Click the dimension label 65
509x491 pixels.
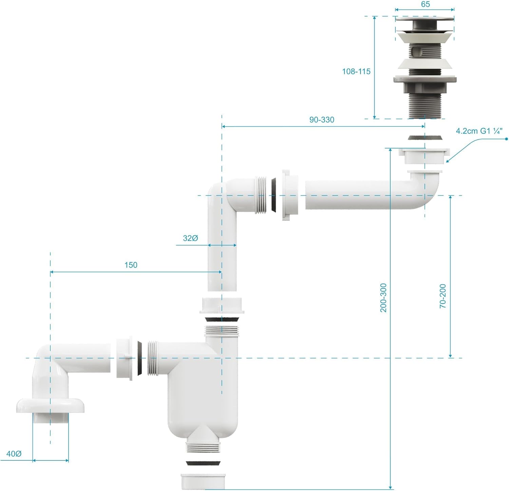click(425, 4)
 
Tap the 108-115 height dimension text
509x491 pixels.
click(356, 71)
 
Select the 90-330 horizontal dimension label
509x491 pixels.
click(322, 120)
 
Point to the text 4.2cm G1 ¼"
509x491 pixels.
click(479, 131)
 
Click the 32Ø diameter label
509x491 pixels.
click(190, 238)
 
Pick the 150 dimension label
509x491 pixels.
click(131, 265)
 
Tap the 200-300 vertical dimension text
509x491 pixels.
click(383, 298)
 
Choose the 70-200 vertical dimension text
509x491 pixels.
click(443, 296)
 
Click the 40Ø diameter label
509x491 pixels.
click(14, 454)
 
